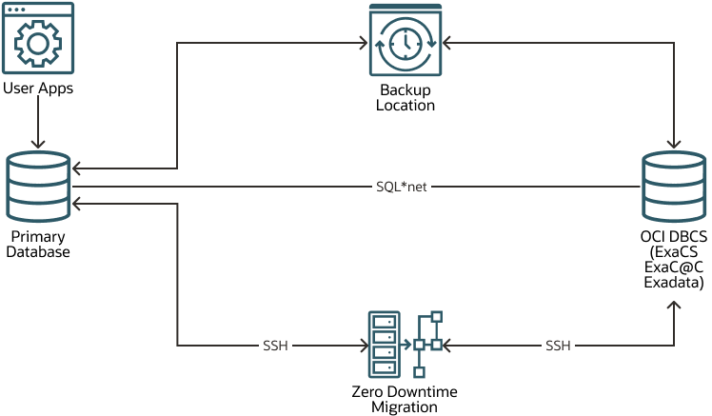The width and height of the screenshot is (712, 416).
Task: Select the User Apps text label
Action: pos(39,89)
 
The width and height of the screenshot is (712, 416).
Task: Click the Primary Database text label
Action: pos(38,244)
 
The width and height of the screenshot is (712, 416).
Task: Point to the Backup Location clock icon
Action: pos(405,42)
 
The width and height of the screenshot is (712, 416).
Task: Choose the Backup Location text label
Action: pos(405,98)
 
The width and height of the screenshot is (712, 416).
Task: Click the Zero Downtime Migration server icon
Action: pos(384,347)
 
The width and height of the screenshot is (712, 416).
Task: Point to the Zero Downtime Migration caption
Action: pos(405,400)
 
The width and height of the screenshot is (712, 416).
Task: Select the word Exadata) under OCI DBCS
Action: pos(675,282)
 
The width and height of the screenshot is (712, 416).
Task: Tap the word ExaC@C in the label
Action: pos(675,268)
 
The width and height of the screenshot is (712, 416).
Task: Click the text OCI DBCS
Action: pos(675,238)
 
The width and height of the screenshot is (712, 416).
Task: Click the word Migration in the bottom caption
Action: pos(405,407)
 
